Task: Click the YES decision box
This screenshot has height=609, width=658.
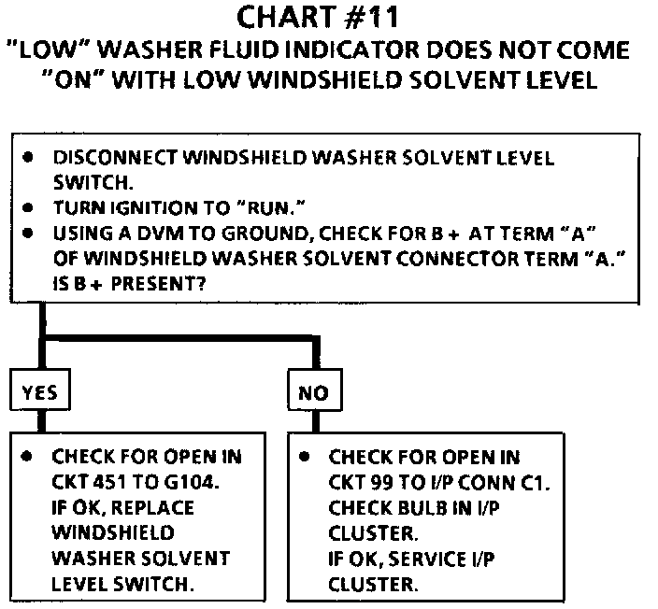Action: point(40,389)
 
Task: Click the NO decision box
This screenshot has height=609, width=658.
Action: point(315,389)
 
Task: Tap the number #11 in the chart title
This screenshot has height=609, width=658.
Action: point(371,18)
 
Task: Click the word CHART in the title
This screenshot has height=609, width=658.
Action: point(286,18)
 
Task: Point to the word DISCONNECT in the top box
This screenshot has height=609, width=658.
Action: point(115,158)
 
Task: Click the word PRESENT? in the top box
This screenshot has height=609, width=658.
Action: point(159,284)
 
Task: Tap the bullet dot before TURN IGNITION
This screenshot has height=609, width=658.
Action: point(28,207)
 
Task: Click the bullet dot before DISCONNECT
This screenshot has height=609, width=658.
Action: point(28,158)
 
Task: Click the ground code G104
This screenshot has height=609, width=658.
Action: point(192,482)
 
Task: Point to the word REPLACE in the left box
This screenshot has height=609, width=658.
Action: point(152,507)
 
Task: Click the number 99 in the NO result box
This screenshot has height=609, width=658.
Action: point(382,482)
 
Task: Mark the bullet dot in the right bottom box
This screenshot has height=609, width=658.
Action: point(305,457)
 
